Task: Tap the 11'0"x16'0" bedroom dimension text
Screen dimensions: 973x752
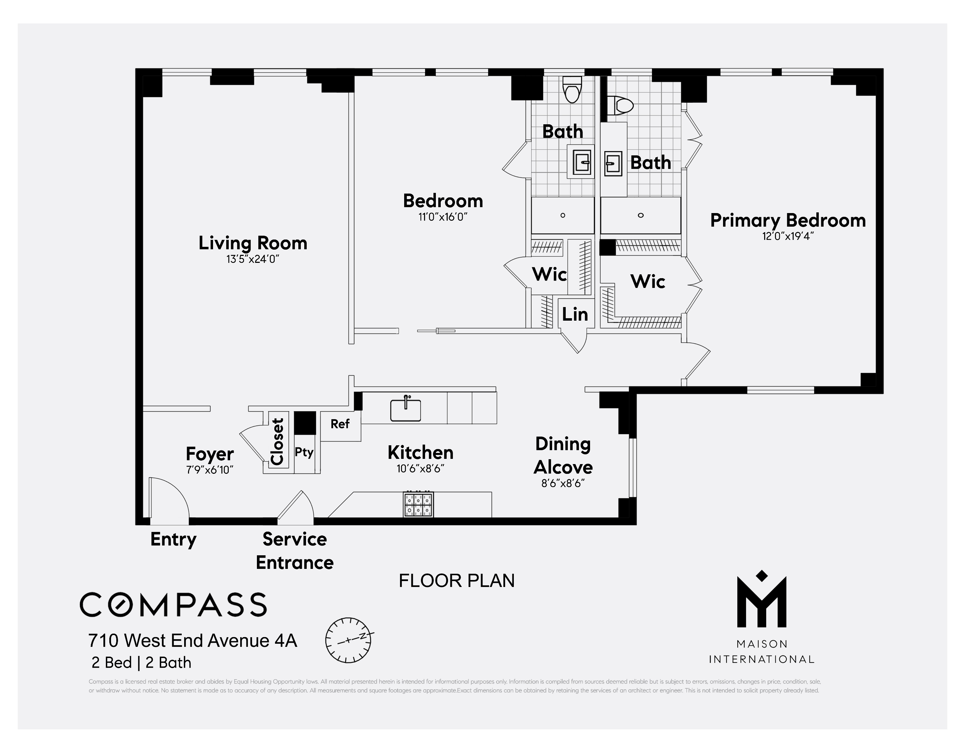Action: tap(442, 217)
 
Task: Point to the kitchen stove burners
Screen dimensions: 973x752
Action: tap(418, 504)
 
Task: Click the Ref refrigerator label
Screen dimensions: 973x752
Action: tap(340, 424)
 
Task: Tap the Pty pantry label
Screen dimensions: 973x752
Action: tap(304, 453)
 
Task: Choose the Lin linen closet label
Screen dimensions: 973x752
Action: tap(575, 314)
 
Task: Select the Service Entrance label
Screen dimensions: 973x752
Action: tap(295, 551)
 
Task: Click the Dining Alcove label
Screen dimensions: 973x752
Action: tap(563, 456)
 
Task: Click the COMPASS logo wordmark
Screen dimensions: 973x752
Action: tap(173, 604)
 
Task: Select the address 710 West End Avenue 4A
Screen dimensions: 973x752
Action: tap(193, 641)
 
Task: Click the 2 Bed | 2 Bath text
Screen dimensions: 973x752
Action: tap(141, 663)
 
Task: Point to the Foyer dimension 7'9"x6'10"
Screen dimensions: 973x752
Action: tap(210, 470)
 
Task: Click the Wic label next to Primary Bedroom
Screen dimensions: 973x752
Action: tap(648, 282)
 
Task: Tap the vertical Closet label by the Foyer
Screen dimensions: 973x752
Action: tap(277, 442)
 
